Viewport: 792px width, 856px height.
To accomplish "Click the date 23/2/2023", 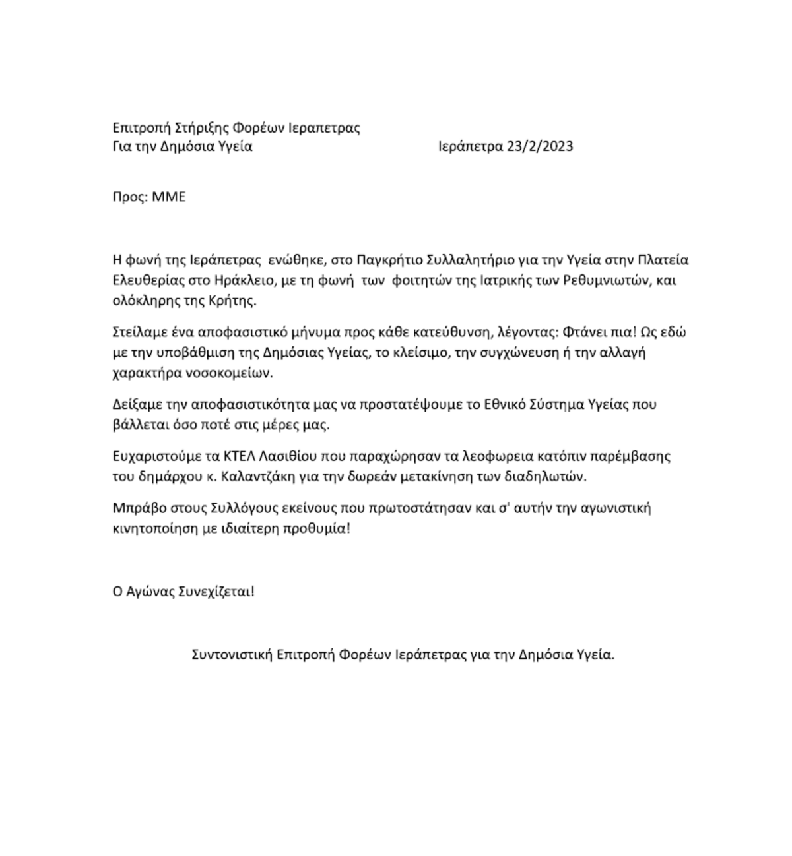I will click(540, 146).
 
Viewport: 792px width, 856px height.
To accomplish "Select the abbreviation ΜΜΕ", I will click(169, 197).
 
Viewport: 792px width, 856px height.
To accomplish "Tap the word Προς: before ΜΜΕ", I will click(130, 197).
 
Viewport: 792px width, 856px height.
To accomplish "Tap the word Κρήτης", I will click(233, 301).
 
